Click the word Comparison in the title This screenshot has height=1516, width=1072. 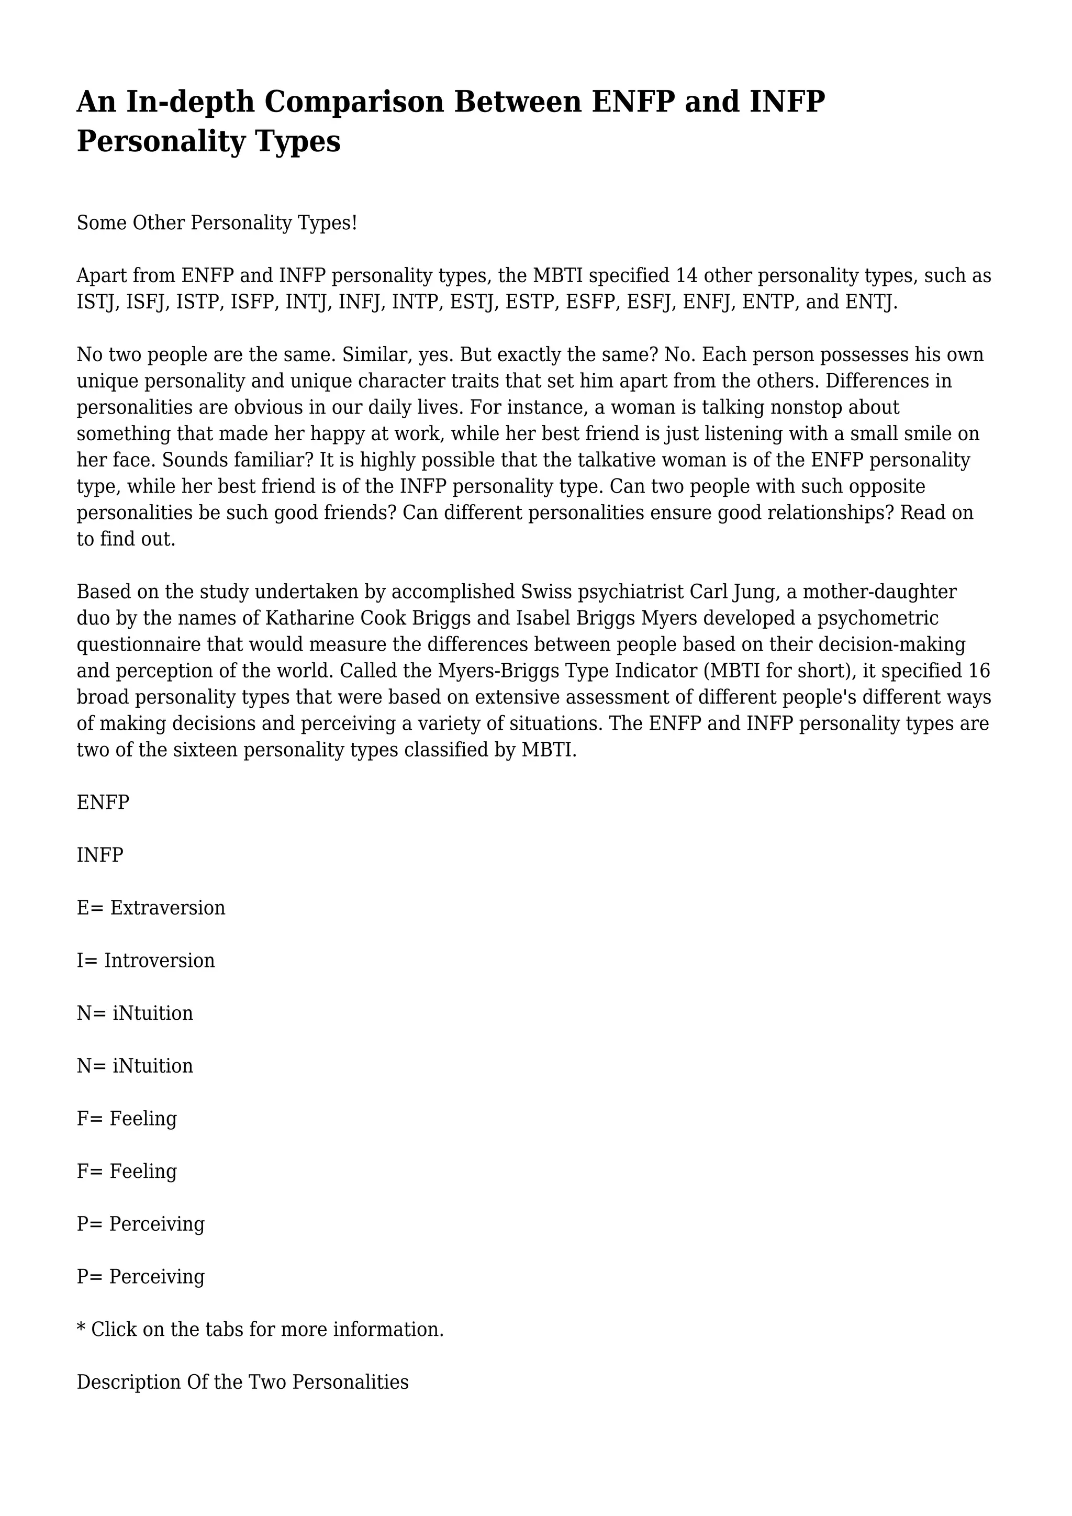pyautogui.click(x=354, y=103)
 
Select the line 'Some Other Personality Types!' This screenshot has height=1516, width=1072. pyautogui.click(x=217, y=223)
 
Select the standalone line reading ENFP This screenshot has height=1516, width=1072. pyautogui.click(x=103, y=802)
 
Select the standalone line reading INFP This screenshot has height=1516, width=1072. pyautogui.click(x=99, y=855)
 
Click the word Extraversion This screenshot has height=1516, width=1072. pyautogui.click(x=167, y=908)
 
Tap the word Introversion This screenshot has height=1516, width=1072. pyautogui.click(x=159, y=960)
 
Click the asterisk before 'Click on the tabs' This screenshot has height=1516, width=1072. pyautogui.click(x=81, y=1327)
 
